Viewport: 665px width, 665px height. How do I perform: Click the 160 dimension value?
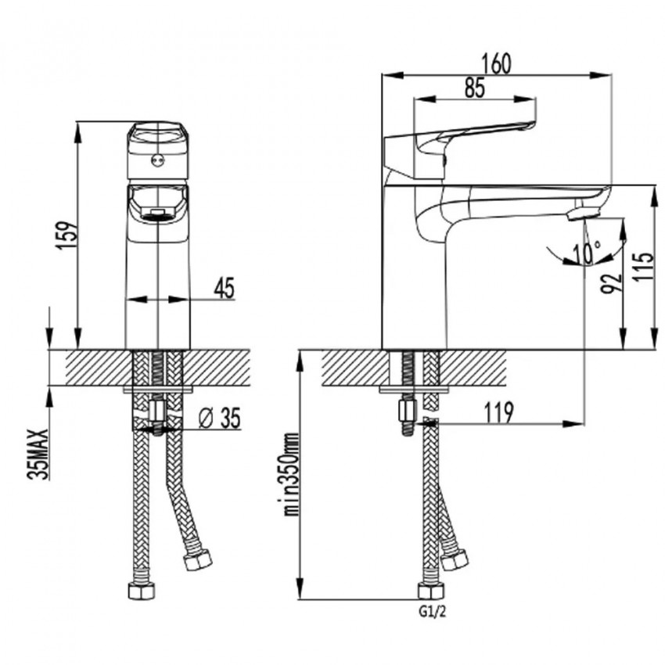(496, 63)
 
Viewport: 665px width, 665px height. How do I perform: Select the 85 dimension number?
(475, 88)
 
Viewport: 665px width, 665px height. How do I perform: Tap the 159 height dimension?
(67, 235)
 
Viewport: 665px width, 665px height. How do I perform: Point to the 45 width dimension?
(224, 289)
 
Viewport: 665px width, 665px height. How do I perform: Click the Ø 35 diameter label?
(220, 419)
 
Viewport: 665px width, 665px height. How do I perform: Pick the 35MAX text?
(38, 454)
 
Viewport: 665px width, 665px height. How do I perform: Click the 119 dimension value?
(499, 412)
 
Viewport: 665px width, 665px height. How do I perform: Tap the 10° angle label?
(588, 253)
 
